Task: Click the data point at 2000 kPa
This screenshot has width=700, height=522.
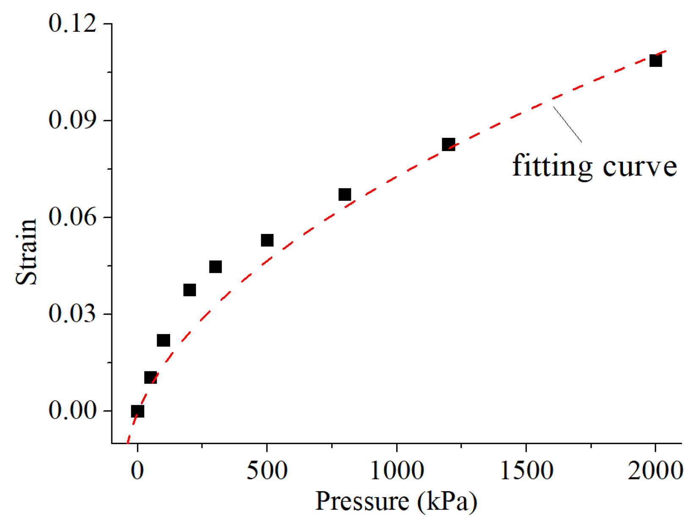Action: point(655,60)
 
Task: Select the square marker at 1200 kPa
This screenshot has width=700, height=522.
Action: point(448,144)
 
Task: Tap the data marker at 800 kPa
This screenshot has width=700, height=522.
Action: point(344,195)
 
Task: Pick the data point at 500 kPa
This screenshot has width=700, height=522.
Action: point(267,240)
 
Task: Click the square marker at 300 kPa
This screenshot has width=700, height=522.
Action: point(215,267)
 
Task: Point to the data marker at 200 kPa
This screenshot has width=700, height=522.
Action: point(189,290)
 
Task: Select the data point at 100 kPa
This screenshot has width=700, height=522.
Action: point(163,340)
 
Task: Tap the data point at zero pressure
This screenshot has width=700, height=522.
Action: point(137,411)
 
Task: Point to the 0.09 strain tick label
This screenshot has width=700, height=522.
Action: point(72,120)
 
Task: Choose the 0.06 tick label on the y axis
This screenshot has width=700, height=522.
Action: point(72,217)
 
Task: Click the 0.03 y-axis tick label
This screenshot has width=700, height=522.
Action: point(72,313)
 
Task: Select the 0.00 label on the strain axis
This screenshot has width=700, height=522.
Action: point(72,410)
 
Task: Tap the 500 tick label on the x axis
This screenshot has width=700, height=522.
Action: point(267,470)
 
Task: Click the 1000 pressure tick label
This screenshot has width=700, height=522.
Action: point(397,470)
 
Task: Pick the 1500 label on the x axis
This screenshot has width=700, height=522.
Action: point(526,470)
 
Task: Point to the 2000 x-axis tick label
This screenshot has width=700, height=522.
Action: point(655,470)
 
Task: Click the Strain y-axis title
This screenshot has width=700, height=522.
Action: point(26,252)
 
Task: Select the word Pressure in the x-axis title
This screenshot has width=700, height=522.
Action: point(362,502)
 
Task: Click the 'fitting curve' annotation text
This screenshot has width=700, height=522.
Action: point(594,166)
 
